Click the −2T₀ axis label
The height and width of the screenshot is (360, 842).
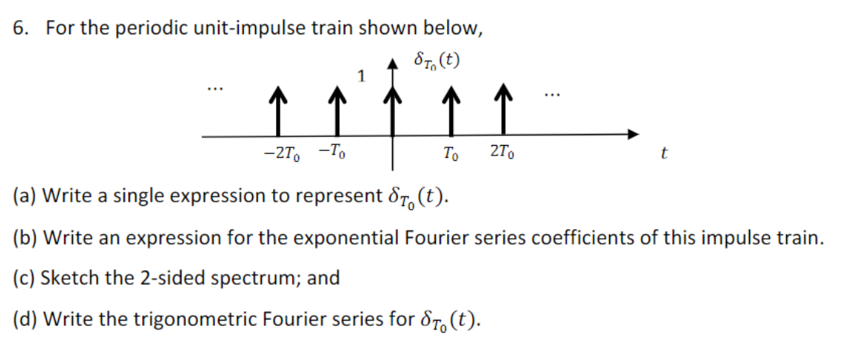[280, 154]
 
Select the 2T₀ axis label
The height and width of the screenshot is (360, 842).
[503, 154]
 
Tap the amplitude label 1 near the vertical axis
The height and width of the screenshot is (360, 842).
[361, 75]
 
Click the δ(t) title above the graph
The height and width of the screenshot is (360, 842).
[435, 60]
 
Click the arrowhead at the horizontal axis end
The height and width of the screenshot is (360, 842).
[633, 135]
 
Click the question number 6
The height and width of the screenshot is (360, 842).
[21, 28]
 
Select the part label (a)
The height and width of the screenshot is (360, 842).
[25, 196]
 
